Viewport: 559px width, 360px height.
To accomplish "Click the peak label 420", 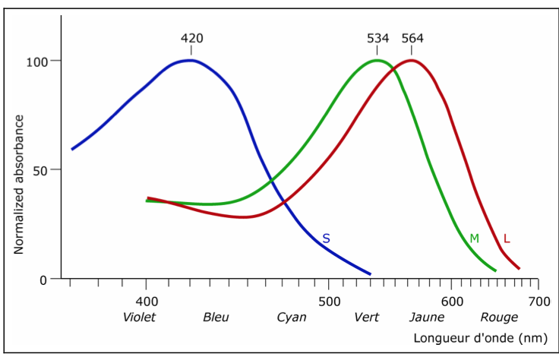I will pos(191,38).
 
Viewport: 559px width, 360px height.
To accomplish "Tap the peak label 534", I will pos(378,38).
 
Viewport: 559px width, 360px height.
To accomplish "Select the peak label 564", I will pos(412,38).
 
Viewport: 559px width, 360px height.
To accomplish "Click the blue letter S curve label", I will pos(326,238).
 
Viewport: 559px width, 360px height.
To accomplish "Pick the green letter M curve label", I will pos(474,238).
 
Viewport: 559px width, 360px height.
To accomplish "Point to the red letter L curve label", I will pos(507,238).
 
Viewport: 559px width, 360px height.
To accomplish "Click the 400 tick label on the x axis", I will pos(146,302).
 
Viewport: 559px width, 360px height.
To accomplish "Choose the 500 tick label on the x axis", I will pos(329,302).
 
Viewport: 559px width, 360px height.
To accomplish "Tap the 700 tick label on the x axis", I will pos(537,302).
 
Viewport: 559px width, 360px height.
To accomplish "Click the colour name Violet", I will pos(139,317).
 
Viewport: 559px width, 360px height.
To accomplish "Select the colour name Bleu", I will pos(216,317).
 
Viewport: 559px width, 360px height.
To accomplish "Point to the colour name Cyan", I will pos(292,317).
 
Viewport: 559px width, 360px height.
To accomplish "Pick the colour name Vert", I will pos(367,317).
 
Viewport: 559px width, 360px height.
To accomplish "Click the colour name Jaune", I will pos(427,317).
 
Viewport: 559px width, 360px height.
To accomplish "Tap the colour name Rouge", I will pos(500,317).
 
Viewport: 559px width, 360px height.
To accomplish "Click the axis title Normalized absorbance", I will pos(19,185).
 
